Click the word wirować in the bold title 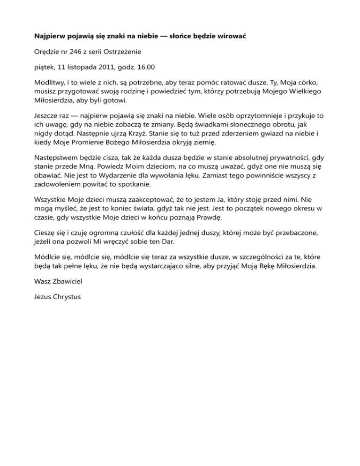[233, 36]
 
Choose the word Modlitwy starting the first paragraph [51, 82]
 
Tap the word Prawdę [208, 218]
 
